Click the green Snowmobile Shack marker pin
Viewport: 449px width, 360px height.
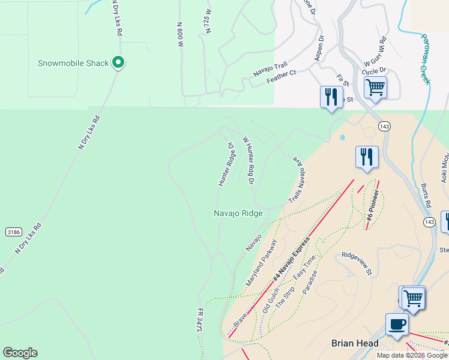click(x=119, y=62)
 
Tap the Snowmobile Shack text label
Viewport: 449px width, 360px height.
click(x=73, y=63)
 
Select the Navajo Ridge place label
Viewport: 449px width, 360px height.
click(x=238, y=213)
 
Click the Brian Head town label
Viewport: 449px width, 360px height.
click(x=355, y=343)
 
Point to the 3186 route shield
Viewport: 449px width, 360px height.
click(x=14, y=232)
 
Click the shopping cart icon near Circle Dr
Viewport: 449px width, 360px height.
click(x=375, y=88)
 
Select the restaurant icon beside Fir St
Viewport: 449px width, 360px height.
click(x=331, y=97)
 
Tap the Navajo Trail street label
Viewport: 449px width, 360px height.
click(x=270, y=70)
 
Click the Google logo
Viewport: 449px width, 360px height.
click(x=20, y=353)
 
